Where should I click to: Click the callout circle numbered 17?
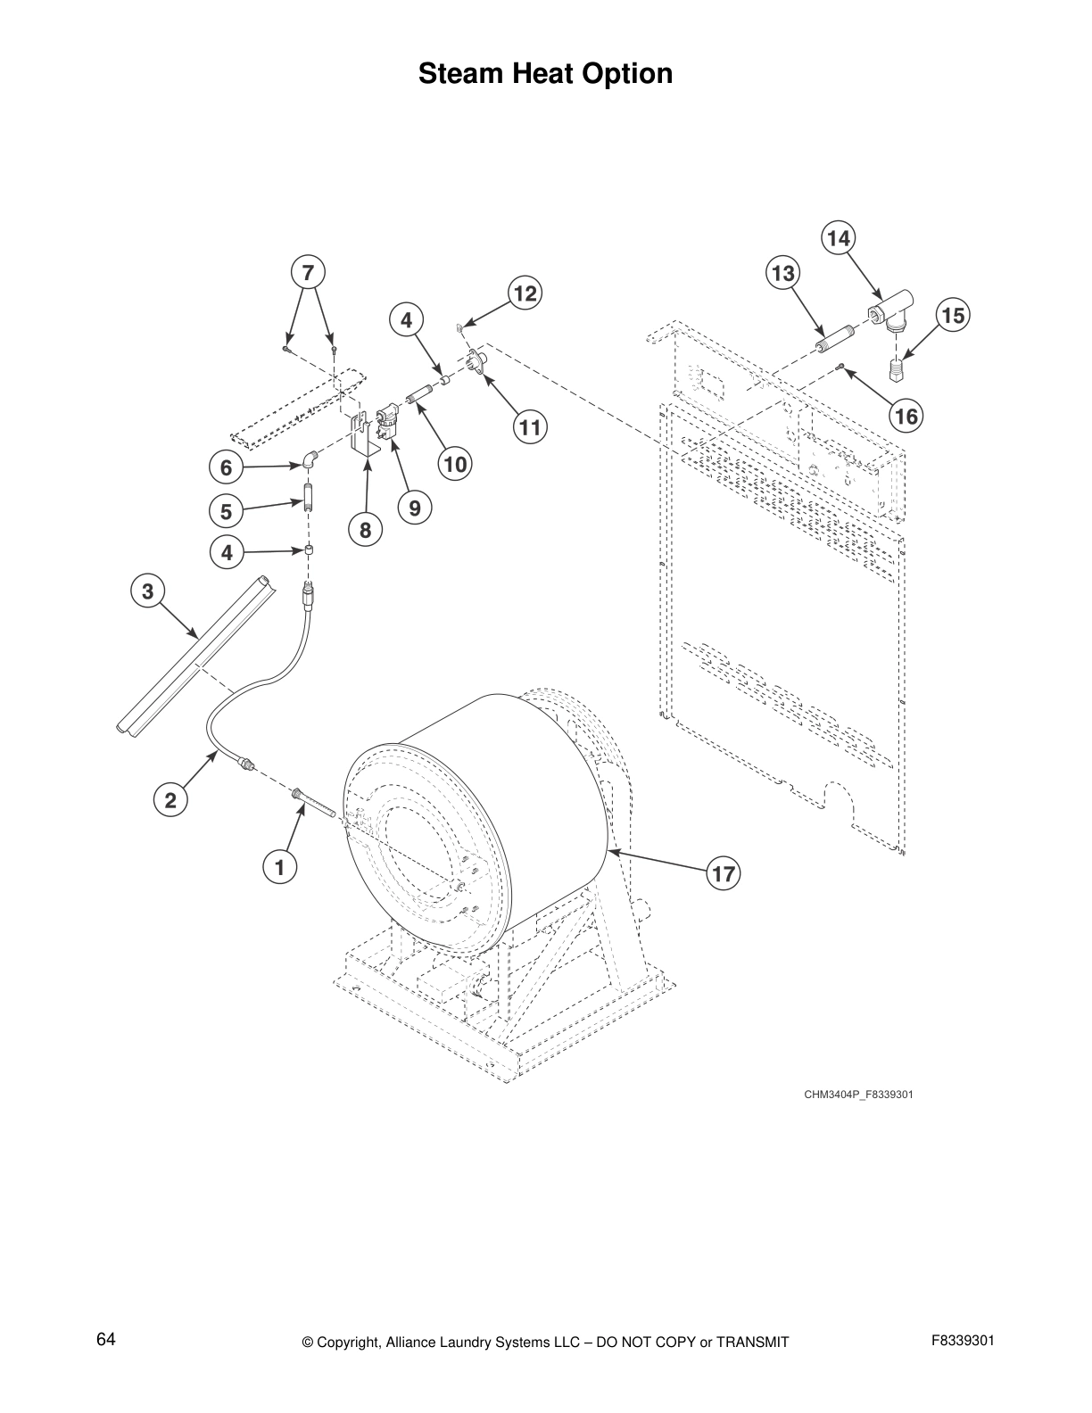[x=724, y=873]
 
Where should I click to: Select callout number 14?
[x=838, y=238]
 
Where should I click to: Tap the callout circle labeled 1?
[x=279, y=865]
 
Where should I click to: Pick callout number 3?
[x=148, y=591]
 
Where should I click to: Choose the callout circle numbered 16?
[x=906, y=417]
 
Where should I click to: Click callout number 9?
[x=415, y=508]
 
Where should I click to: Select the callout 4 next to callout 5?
[x=227, y=553]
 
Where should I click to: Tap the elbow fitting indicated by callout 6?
[x=308, y=459]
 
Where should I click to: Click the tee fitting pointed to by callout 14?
[x=889, y=312]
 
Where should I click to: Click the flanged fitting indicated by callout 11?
[x=476, y=361]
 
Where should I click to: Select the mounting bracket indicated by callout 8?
[x=364, y=442]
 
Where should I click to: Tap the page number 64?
[x=106, y=1339]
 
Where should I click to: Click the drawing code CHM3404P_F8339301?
[x=858, y=1094]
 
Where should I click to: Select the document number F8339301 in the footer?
[x=963, y=1340]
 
